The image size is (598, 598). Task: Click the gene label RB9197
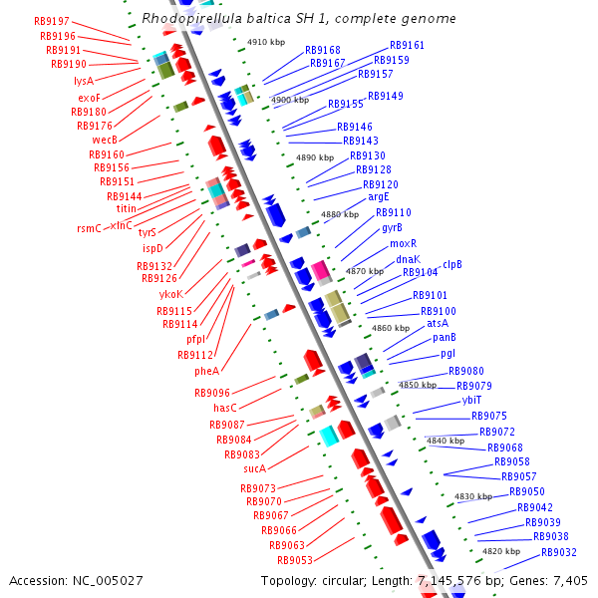click(51, 21)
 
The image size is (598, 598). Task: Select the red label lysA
click(84, 81)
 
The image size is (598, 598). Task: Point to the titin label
click(127, 208)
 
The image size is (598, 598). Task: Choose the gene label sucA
click(254, 467)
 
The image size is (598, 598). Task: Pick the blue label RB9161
click(407, 46)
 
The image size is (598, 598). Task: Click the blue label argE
click(379, 198)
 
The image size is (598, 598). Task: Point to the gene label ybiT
click(471, 400)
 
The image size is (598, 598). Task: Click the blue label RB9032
click(559, 552)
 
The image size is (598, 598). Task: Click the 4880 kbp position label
click(339, 214)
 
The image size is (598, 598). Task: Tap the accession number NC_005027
click(111, 580)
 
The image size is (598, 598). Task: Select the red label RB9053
click(295, 560)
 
